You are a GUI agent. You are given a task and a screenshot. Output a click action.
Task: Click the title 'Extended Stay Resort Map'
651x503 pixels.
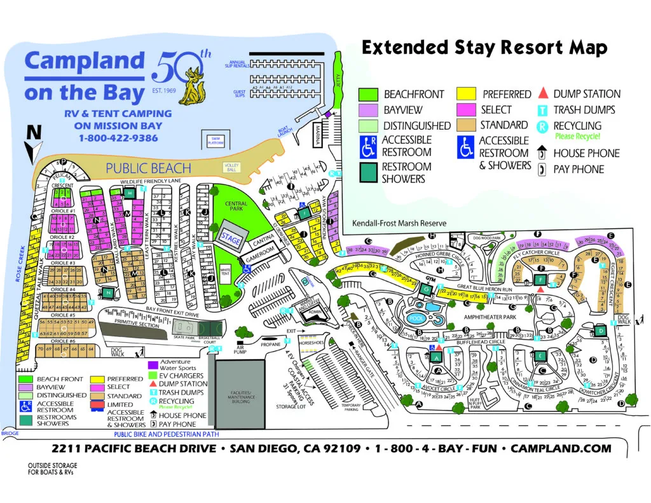(x=484, y=48)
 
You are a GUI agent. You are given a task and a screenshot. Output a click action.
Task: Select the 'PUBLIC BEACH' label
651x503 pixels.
(x=149, y=169)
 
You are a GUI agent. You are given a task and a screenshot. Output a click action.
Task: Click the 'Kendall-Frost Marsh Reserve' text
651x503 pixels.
(x=399, y=224)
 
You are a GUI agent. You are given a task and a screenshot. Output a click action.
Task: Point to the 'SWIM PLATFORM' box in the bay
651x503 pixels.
(x=211, y=140)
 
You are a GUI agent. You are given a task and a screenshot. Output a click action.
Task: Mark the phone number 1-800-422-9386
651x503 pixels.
(x=118, y=137)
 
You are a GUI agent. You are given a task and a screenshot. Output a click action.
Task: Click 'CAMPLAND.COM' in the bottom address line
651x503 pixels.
(x=561, y=448)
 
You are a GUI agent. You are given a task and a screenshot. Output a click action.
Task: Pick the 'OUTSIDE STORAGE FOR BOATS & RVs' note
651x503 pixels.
(x=52, y=469)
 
